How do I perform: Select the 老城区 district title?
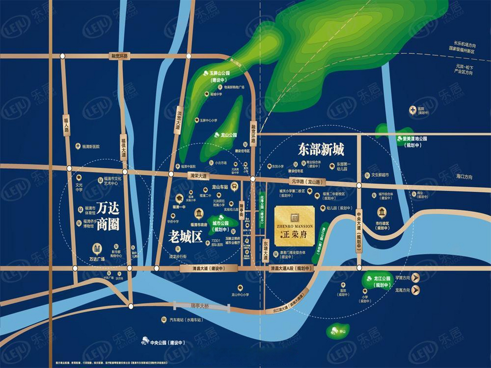coord(185,237)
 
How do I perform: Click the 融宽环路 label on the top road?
coord(120,56)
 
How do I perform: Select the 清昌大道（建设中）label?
coord(209,269)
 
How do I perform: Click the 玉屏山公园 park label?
coord(220,73)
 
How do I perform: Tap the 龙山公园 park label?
coord(229,135)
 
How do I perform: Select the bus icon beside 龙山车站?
coord(235,187)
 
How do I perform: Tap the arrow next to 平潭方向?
coord(416,278)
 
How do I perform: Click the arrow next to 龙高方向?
coord(416,290)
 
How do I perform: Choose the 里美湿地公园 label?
coord(414,139)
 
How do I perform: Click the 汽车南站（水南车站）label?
coord(186,320)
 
